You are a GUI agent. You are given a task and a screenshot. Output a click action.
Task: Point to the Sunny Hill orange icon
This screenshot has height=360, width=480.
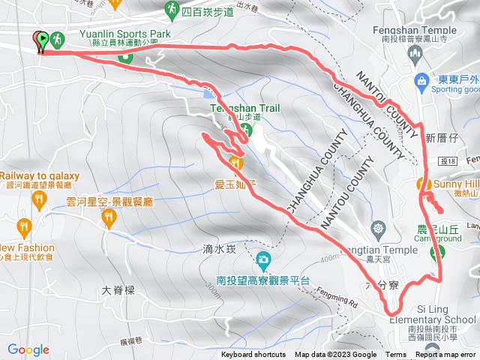[423, 184]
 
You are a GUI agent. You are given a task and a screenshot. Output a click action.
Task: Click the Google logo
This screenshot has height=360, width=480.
[28, 349]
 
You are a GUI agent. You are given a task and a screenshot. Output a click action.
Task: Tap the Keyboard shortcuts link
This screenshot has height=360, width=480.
[253, 355]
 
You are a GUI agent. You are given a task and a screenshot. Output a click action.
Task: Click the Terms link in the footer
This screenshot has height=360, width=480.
[396, 355]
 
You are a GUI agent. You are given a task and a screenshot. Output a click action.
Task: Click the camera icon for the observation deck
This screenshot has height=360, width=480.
[262, 260]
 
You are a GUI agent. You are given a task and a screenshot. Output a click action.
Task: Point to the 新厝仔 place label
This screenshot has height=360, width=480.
[441, 137]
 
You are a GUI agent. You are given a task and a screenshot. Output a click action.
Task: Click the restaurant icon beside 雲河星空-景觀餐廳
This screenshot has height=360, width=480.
[109, 217]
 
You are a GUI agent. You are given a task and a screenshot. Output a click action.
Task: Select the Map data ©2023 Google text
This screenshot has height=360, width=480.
[336, 355]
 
